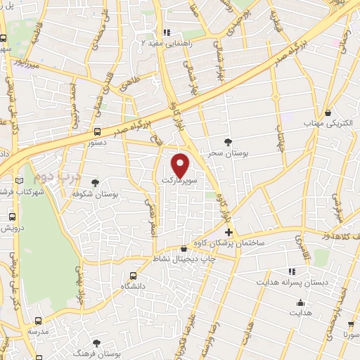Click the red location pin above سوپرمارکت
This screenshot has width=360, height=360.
(181, 164)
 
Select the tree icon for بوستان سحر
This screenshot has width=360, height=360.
(226, 142)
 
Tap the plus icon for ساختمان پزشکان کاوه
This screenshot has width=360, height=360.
(229, 232)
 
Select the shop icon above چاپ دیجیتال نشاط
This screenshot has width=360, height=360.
(184, 248)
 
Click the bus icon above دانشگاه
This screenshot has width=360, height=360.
(133, 276)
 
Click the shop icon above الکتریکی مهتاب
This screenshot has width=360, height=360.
(329, 112)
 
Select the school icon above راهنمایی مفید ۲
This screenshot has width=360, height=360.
(167, 32)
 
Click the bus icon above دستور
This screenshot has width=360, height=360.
(96, 131)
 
